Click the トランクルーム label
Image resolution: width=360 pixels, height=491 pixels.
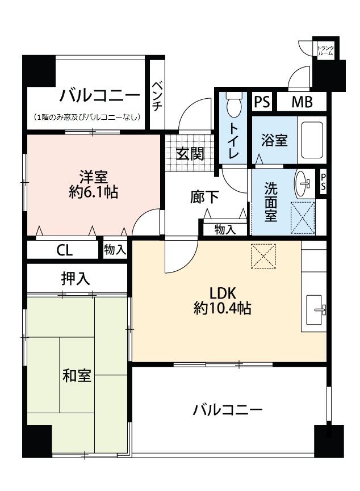(326, 51)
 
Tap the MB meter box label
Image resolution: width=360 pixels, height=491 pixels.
(302, 102)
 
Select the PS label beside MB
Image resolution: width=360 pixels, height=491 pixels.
(262, 102)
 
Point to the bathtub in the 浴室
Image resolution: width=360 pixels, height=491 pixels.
(312, 140)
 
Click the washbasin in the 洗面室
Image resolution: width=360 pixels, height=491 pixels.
(303, 183)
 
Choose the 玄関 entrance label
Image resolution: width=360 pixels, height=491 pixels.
(190, 153)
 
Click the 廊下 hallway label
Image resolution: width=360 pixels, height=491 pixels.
(204, 197)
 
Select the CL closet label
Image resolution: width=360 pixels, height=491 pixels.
(65, 250)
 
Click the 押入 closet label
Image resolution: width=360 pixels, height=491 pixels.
(76, 278)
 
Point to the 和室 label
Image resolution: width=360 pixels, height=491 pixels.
(77, 375)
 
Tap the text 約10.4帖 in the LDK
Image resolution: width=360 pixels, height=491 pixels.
(222, 309)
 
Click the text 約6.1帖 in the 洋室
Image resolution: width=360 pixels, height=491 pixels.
(93, 192)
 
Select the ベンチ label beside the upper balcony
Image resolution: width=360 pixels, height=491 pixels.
(157, 96)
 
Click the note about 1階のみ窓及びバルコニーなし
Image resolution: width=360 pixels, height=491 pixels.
(87, 117)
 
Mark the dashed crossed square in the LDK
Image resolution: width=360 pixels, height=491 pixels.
(263, 256)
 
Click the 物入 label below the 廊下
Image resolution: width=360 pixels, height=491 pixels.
(225, 229)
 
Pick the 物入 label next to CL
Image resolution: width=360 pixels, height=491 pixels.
(115, 250)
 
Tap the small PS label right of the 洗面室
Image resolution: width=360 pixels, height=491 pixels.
(323, 183)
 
